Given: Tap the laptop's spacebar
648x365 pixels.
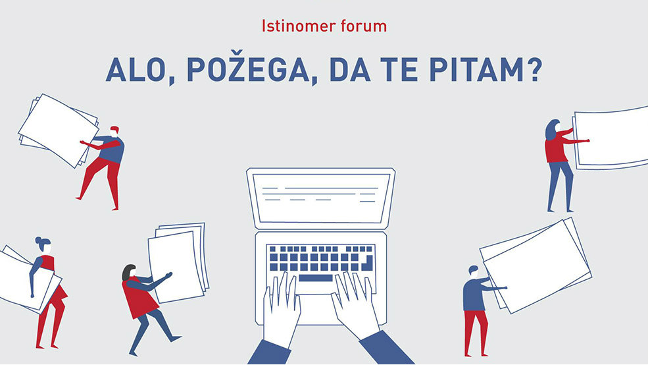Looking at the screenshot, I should click(315, 278).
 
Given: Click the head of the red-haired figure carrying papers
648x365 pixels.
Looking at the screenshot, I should click(114, 130).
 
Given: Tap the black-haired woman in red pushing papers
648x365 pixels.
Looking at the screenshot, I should click(139, 296).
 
